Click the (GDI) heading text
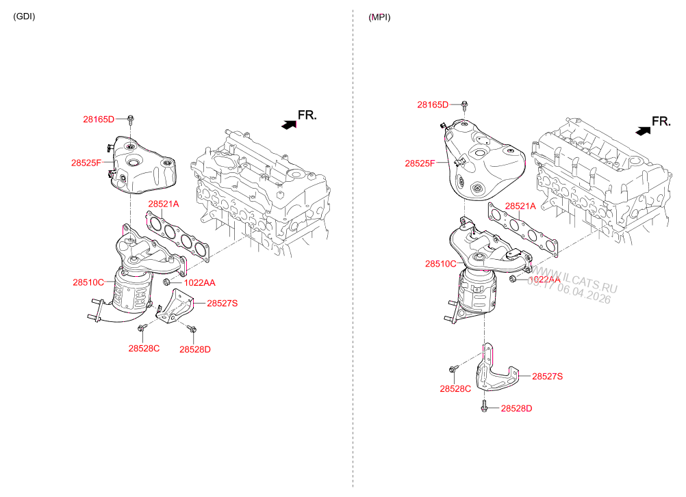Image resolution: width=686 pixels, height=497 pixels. pyautogui.click(x=24, y=16)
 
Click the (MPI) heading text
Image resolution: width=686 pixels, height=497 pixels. pyautogui.click(x=379, y=16)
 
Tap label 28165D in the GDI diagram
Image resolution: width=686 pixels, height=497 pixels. pyautogui.click(x=99, y=119)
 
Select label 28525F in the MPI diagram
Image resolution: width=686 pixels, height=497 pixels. pyautogui.click(x=420, y=163)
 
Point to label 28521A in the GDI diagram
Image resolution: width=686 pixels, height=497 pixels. pyautogui.click(x=164, y=204)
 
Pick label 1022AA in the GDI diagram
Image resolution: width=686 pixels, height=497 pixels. pyautogui.click(x=199, y=282)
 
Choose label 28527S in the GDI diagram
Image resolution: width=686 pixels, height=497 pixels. pyautogui.click(x=222, y=302)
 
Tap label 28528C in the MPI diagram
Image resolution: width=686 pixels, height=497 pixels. pyautogui.click(x=455, y=388)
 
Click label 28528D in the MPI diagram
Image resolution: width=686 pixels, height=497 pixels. pyautogui.click(x=516, y=408)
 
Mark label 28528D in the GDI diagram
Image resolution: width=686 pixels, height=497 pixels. pyautogui.click(x=195, y=349)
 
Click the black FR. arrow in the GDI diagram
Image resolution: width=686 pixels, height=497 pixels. pyautogui.click(x=289, y=124)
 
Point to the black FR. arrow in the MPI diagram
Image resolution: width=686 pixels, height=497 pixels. pyautogui.click(x=643, y=130)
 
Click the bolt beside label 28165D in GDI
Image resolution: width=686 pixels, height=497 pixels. pyautogui.click(x=130, y=120)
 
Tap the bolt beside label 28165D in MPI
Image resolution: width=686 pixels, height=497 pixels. pyautogui.click(x=463, y=105)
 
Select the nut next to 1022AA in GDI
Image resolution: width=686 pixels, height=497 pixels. pyautogui.click(x=167, y=282)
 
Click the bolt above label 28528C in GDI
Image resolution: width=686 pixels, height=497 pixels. pyautogui.click(x=141, y=330)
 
